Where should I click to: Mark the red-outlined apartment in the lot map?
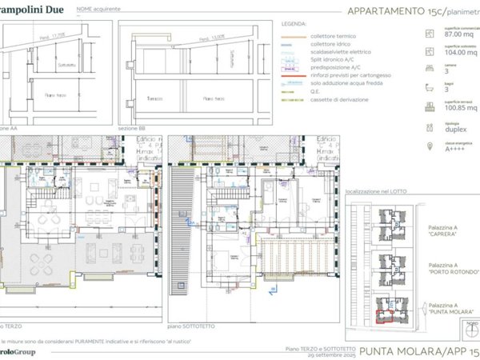click(386, 314)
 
